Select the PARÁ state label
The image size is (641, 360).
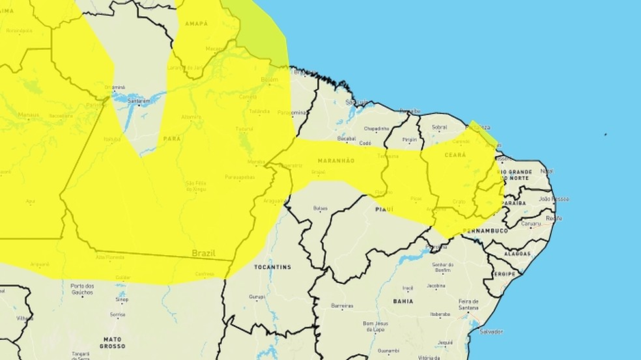[171, 138]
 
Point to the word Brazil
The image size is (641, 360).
[204, 252]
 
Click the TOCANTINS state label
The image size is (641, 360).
[273, 268]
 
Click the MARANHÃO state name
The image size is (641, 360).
[336, 160]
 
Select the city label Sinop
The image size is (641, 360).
[121, 299]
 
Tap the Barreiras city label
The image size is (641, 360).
[341, 306]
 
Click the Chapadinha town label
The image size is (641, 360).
[376, 128]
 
